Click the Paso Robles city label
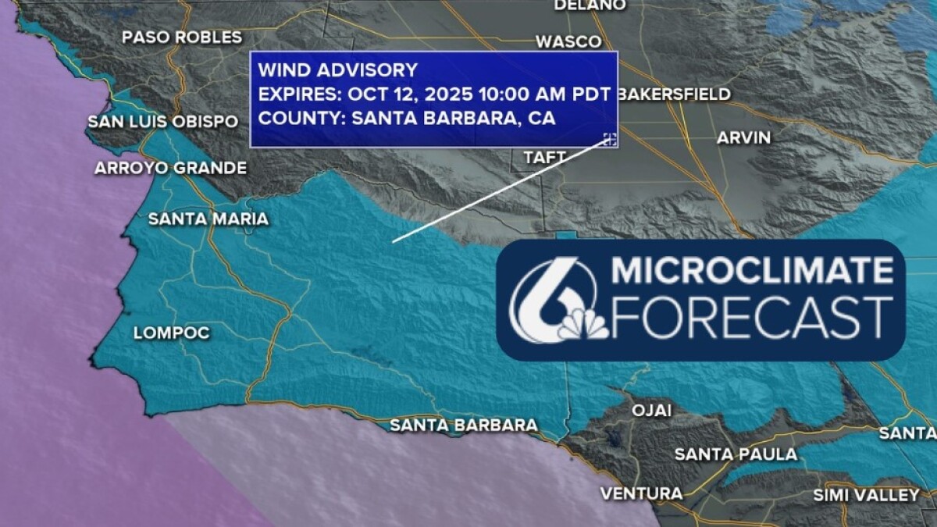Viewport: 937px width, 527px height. (182, 37)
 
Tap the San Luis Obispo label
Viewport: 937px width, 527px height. (162, 122)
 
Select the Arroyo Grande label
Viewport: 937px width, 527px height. (170, 168)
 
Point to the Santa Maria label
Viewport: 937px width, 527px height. (208, 219)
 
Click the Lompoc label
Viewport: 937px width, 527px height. (172, 333)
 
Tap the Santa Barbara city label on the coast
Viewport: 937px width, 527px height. (464, 426)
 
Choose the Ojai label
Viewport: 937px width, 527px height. (651, 411)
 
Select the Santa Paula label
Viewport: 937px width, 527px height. (736, 454)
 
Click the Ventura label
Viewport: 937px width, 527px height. (641, 493)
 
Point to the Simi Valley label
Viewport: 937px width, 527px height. (867, 495)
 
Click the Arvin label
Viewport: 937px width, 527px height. (743, 137)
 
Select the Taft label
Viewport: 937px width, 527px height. (544, 158)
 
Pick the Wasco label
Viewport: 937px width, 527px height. (568, 41)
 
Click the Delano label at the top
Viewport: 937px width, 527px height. (590, 5)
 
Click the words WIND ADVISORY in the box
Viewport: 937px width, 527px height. (338, 70)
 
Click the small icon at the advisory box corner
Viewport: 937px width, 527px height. (610, 140)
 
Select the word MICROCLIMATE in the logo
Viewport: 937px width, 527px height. (752, 271)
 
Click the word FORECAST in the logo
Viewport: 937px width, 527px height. (752, 317)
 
